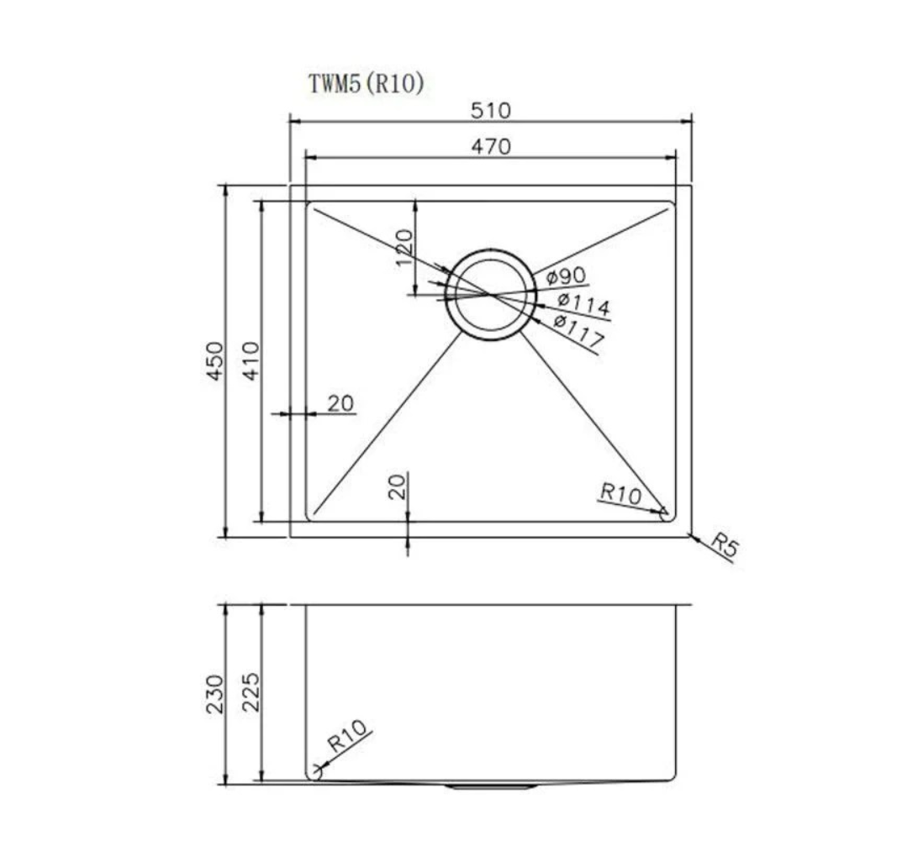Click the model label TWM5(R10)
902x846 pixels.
click(367, 84)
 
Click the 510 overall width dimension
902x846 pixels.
click(491, 110)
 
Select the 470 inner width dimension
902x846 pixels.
click(491, 146)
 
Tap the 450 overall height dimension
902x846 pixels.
click(214, 361)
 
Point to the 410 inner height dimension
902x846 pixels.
click(251, 361)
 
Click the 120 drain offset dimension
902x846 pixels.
click(404, 247)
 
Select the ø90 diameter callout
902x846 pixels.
click(566, 276)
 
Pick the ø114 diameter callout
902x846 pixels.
click(583, 304)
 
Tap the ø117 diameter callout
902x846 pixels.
click(578, 332)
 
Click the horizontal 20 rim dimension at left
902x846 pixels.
click(340, 403)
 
